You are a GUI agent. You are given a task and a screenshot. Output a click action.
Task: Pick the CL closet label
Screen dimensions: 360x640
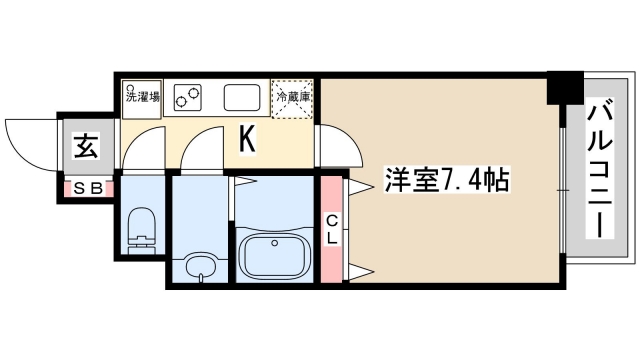[x=332, y=229]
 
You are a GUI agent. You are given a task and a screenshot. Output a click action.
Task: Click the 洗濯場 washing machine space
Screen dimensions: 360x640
[x=139, y=99]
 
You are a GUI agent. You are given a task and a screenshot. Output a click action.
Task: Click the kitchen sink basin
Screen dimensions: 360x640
[x=243, y=98]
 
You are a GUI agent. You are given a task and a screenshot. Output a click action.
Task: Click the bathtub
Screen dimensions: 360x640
[x=273, y=257]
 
